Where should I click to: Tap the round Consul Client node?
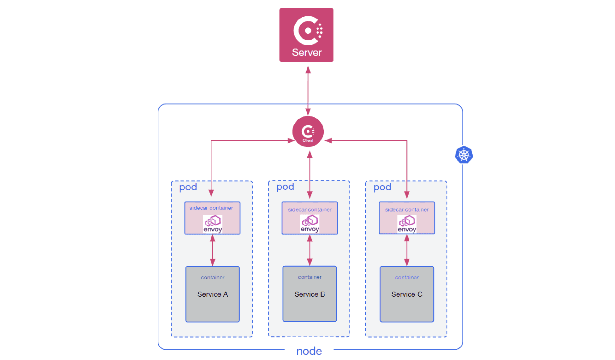tap(308, 131)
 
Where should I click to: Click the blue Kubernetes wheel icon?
tap(464, 155)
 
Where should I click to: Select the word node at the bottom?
tap(309, 351)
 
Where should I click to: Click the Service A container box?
tap(212, 294)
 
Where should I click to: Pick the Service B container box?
tap(309, 294)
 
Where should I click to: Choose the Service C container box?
tap(407, 294)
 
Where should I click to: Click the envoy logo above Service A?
tap(213, 224)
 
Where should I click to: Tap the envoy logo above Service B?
tap(310, 224)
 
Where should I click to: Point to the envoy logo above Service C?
tap(407, 224)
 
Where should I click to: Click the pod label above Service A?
tap(188, 187)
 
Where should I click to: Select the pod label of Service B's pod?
tap(285, 187)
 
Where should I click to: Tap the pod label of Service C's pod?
tap(382, 187)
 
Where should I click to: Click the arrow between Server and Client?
tap(308, 91)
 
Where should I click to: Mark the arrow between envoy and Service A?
tap(212, 250)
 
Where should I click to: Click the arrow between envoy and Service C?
tap(407, 250)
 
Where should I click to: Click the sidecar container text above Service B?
tap(310, 209)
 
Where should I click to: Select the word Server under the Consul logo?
tap(307, 52)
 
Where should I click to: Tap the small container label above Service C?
tap(407, 278)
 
